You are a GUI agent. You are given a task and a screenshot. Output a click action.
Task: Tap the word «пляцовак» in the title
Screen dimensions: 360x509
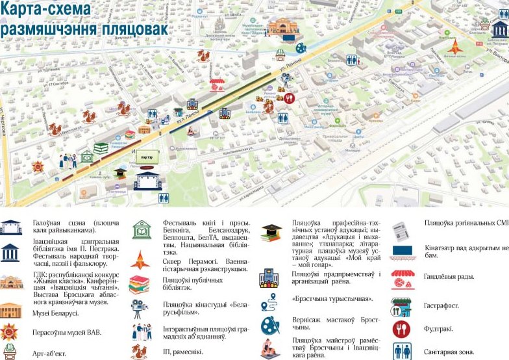coord(132,29)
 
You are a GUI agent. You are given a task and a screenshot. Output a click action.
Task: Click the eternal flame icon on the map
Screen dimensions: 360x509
coord(454,47)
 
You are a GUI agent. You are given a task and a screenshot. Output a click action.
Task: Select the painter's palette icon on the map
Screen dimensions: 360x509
coord(301,47)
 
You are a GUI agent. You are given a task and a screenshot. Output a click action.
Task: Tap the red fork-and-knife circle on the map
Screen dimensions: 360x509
coord(290,98)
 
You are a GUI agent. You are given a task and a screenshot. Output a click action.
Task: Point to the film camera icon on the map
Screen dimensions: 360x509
coord(284,79)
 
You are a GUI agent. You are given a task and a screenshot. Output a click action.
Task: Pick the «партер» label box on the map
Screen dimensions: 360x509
coord(147,157)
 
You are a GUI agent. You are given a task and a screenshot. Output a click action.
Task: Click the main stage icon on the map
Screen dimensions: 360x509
coord(147,180)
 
